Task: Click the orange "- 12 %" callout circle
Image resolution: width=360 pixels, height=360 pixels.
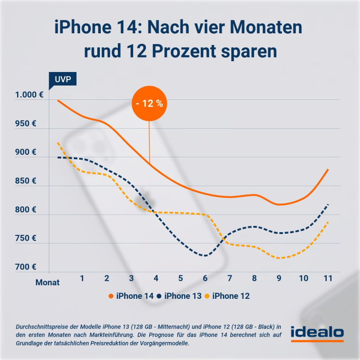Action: click(149, 103)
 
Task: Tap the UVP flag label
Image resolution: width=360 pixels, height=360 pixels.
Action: click(63, 79)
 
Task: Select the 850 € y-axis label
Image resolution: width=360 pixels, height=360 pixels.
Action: click(25, 181)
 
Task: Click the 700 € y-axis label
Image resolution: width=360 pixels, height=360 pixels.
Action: click(25, 267)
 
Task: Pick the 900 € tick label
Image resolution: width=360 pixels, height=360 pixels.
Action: click(25, 152)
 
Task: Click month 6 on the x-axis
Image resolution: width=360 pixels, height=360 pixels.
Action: click(205, 279)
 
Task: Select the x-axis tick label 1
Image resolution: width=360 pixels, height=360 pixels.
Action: click(82, 279)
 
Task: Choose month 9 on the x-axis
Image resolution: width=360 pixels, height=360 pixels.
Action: click(279, 279)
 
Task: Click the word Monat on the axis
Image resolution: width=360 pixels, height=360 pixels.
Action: click(48, 283)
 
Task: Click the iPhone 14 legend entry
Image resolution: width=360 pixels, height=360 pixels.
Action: click(131, 296)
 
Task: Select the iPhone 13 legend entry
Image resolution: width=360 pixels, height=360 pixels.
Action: click(180, 296)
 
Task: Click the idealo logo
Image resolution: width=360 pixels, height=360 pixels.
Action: click(317, 334)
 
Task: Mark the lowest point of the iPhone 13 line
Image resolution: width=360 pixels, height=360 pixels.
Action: click(205, 256)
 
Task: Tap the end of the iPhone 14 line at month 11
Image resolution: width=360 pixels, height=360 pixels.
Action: click(328, 170)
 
